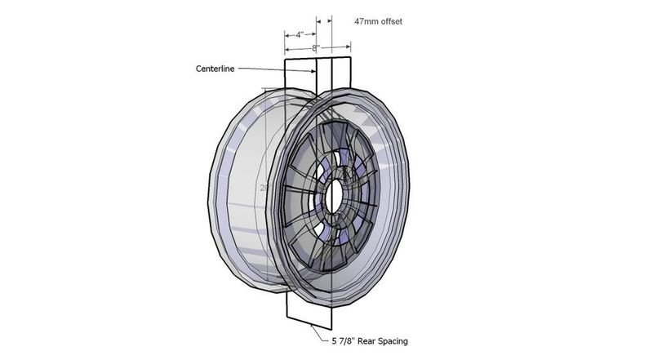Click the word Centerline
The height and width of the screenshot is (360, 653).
(215, 69)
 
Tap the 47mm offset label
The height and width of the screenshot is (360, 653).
(379, 20)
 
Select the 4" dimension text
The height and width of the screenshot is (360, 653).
(300, 35)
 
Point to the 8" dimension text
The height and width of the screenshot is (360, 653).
(315, 48)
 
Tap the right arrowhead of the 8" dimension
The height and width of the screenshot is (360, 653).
(348, 48)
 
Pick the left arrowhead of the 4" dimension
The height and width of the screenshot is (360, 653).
(287, 35)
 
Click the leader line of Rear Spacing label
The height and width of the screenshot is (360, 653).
(315, 330)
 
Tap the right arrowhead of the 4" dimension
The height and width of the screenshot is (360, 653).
(313, 35)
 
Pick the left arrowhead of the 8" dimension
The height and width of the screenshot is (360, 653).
(287, 48)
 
